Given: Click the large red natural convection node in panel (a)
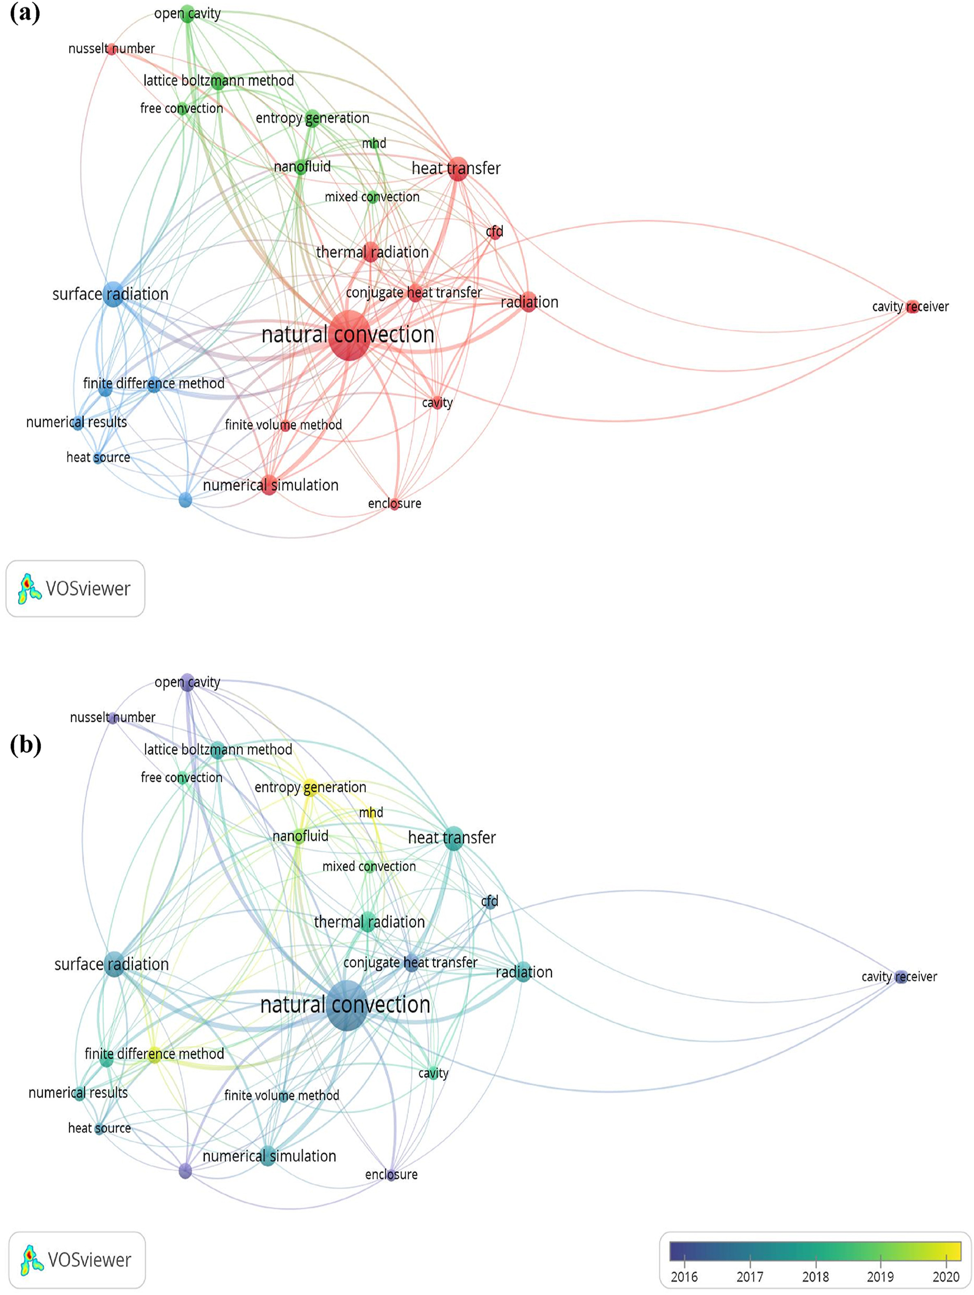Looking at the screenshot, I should pyautogui.click(x=349, y=335).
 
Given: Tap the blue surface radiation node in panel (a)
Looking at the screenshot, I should pyautogui.click(x=113, y=293).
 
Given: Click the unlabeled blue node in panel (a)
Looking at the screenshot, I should pyautogui.click(x=185, y=500).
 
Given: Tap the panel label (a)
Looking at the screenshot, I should pyautogui.click(x=25, y=13).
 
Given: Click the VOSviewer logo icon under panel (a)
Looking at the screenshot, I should pyautogui.click(x=29, y=588).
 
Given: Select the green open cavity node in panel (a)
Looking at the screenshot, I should pyautogui.click(x=187, y=14).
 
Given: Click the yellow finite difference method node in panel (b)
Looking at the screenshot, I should pyautogui.click(x=154, y=1054).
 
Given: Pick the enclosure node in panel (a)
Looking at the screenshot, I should pyautogui.click(x=395, y=503).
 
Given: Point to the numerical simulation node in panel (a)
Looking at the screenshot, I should pyautogui.click(x=269, y=485).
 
